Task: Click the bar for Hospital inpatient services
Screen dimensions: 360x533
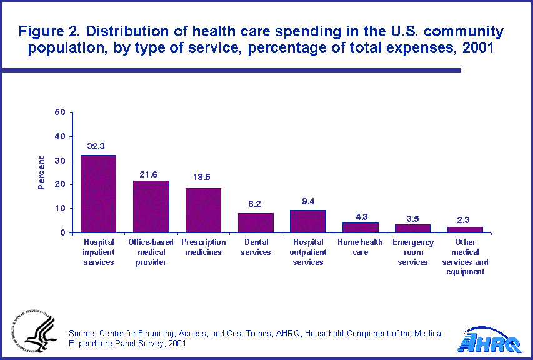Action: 98,194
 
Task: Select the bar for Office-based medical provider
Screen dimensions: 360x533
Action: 151,207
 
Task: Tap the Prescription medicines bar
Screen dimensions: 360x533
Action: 203,211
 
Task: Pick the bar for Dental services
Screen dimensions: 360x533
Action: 256,223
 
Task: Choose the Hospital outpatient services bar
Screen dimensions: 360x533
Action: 307,221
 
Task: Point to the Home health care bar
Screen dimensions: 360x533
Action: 360,227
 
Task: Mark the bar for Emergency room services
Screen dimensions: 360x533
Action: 412,229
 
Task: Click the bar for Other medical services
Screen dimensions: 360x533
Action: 465,230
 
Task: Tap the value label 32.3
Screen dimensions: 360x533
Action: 96,146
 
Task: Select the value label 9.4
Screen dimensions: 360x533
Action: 307,201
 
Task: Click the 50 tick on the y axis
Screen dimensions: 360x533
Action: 60,112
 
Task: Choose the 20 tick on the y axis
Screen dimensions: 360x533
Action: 60,184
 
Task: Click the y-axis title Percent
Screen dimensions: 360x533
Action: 41,172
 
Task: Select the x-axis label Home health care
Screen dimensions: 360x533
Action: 360,247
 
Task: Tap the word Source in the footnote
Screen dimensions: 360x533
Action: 82,334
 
